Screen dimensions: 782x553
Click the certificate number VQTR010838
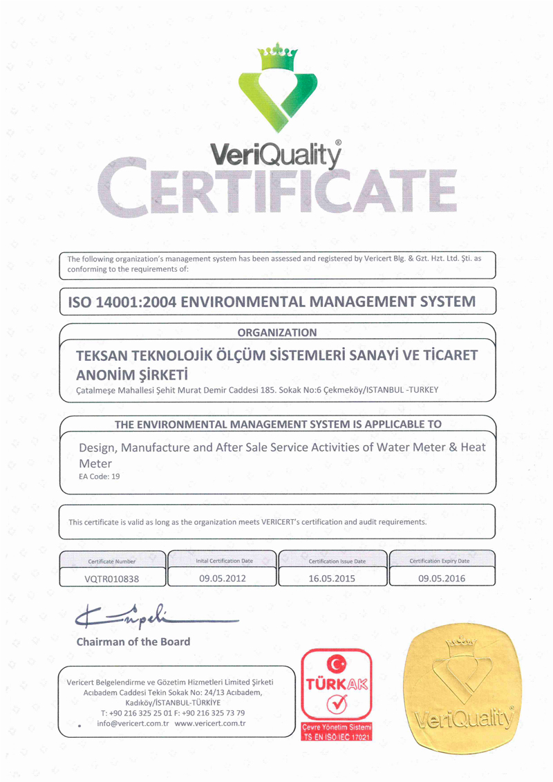tap(112, 579)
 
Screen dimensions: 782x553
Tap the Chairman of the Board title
tap(133, 642)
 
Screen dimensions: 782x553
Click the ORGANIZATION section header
tap(277, 333)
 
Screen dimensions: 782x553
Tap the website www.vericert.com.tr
tap(211, 723)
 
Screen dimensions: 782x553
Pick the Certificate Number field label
tap(112, 561)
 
